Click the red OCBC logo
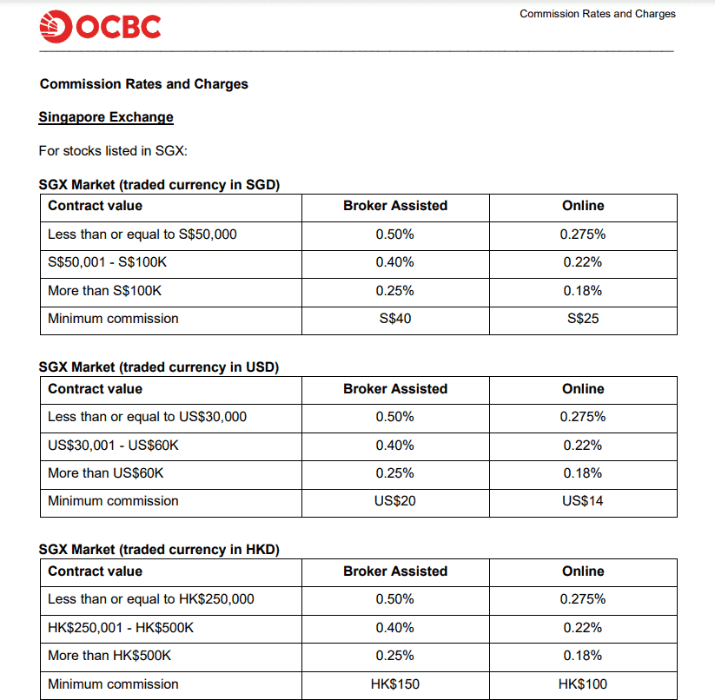pyautogui.click(x=100, y=28)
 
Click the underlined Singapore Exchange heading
pyautogui.click(x=106, y=117)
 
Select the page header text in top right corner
pyautogui.click(x=597, y=14)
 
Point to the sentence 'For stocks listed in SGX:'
pyautogui.click(x=113, y=151)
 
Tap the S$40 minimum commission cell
pyautogui.click(x=394, y=319)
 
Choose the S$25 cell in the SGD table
pyautogui.click(x=582, y=319)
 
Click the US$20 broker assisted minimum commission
pyautogui.click(x=394, y=501)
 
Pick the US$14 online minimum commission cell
pyautogui.click(x=582, y=501)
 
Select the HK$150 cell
pyautogui.click(x=394, y=684)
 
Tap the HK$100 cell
pyautogui.click(x=582, y=684)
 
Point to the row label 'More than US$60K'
pyautogui.click(x=105, y=473)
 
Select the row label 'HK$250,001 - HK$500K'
pyautogui.click(x=121, y=628)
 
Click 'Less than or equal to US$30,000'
pyautogui.click(x=147, y=417)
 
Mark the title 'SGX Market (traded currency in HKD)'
pyautogui.click(x=159, y=550)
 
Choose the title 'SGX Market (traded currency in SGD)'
pyautogui.click(x=159, y=184)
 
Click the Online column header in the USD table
pyautogui.click(x=582, y=389)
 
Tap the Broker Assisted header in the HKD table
pyautogui.click(x=394, y=571)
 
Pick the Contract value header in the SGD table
pyautogui.click(x=95, y=206)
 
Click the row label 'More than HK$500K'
pyautogui.click(x=109, y=656)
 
